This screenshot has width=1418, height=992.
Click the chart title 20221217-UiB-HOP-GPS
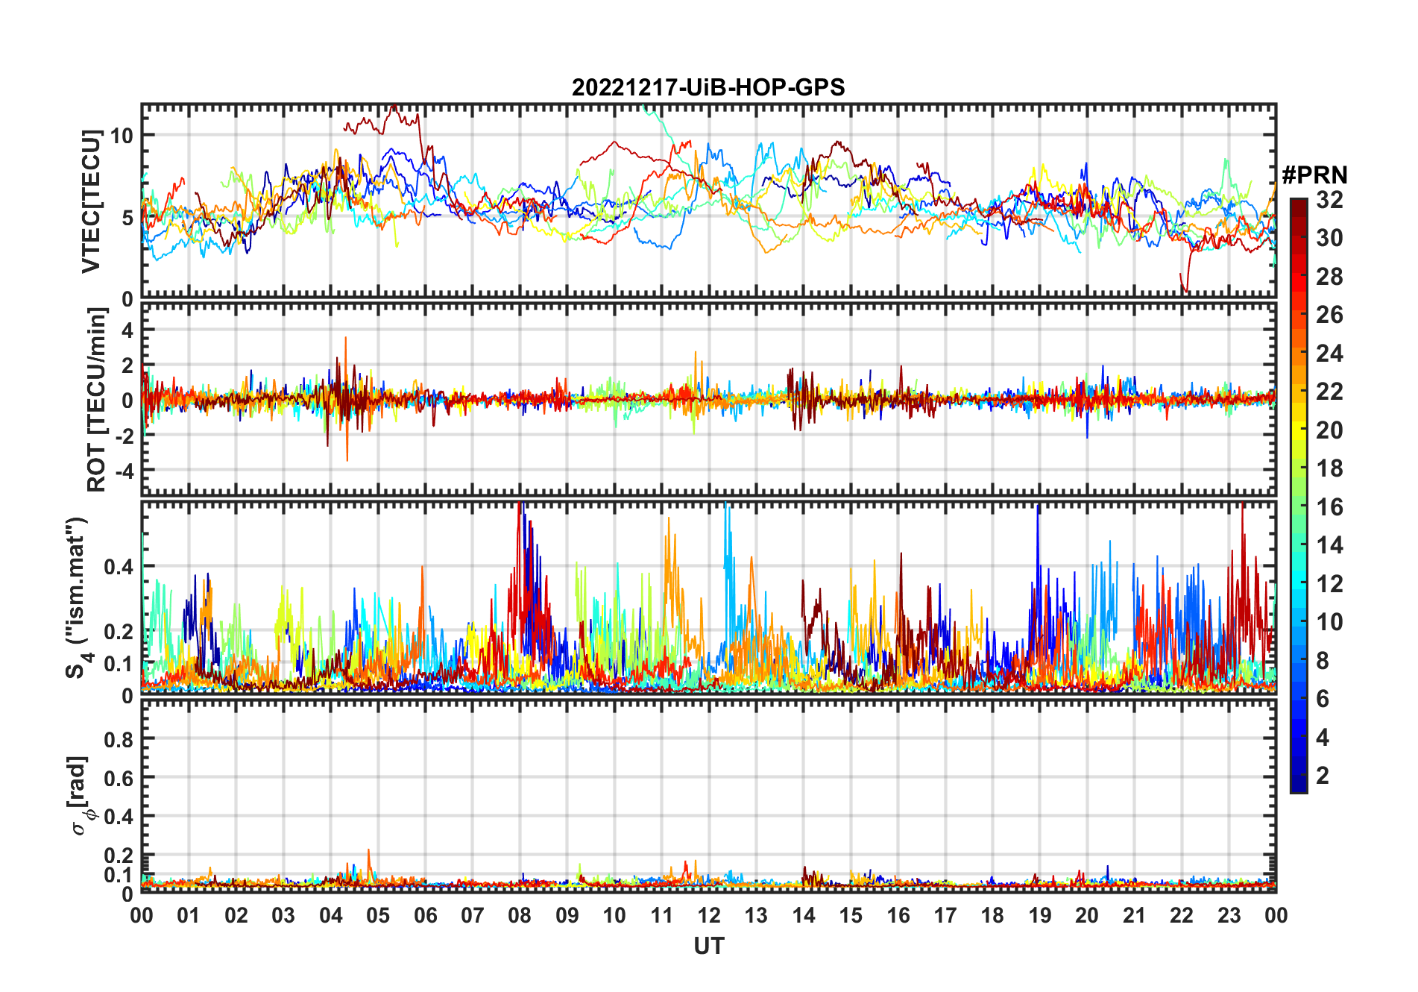click(708, 88)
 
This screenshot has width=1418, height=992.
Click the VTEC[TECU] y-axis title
click(92, 201)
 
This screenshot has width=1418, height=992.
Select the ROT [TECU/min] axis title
click(97, 400)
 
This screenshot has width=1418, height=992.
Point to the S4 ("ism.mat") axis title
click(77, 597)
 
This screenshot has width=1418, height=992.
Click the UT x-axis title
click(708, 947)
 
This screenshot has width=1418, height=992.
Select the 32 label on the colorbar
click(1329, 200)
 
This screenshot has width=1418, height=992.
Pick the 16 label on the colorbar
click(1329, 507)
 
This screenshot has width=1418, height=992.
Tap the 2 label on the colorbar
click(1323, 776)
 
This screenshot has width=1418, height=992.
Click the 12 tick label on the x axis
click(709, 916)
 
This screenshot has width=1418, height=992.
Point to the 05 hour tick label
click(378, 916)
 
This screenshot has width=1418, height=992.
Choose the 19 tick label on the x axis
click(1040, 916)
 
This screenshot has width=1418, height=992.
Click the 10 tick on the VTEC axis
click(122, 135)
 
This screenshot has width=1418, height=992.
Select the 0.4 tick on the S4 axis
click(119, 567)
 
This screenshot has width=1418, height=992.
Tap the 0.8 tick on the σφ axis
click(119, 739)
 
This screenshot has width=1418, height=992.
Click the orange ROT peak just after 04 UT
click(345, 339)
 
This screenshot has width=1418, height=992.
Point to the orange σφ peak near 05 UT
click(368, 851)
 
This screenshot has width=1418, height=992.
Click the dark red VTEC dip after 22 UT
click(1186, 289)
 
